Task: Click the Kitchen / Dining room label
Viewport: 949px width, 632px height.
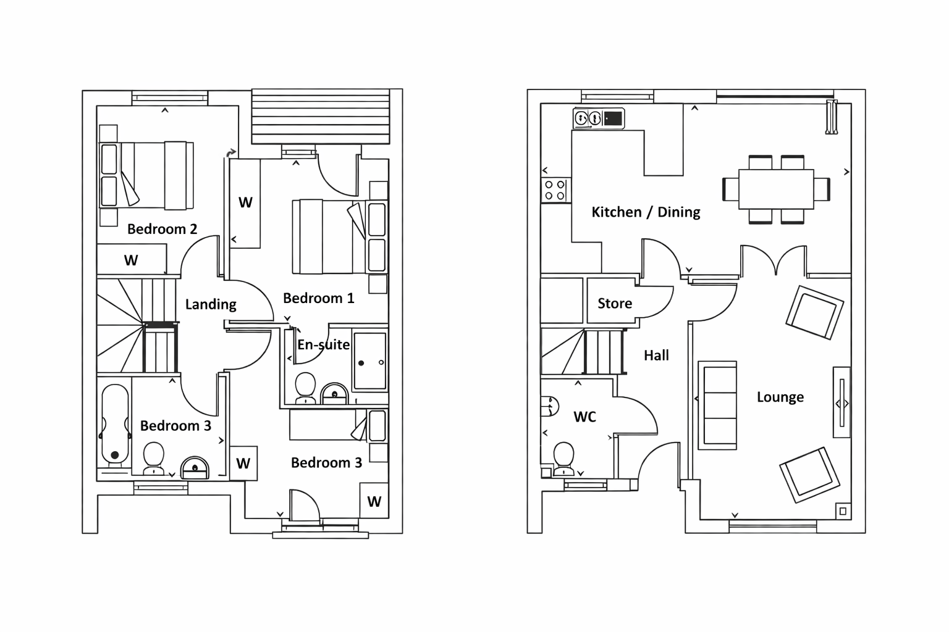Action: [646, 212]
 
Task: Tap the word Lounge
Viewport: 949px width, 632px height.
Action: [780, 397]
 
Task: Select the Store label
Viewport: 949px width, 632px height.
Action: [615, 304]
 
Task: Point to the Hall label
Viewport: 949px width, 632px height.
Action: [656, 355]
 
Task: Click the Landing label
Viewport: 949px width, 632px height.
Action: [211, 304]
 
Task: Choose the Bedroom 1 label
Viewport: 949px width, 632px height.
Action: [319, 299]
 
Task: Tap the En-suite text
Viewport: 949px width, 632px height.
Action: [323, 345]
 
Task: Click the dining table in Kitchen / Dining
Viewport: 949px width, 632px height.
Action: [776, 189]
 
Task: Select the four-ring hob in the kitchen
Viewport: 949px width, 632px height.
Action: [555, 190]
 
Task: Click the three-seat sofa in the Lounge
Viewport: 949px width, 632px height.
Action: [717, 405]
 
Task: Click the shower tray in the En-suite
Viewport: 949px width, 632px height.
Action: [369, 361]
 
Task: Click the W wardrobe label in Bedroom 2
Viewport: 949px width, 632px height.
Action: [131, 260]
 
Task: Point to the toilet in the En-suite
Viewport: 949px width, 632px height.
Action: [306, 388]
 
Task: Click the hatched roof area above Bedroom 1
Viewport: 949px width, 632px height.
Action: [321, 116]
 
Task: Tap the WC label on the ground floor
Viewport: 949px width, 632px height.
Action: [584, 417]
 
